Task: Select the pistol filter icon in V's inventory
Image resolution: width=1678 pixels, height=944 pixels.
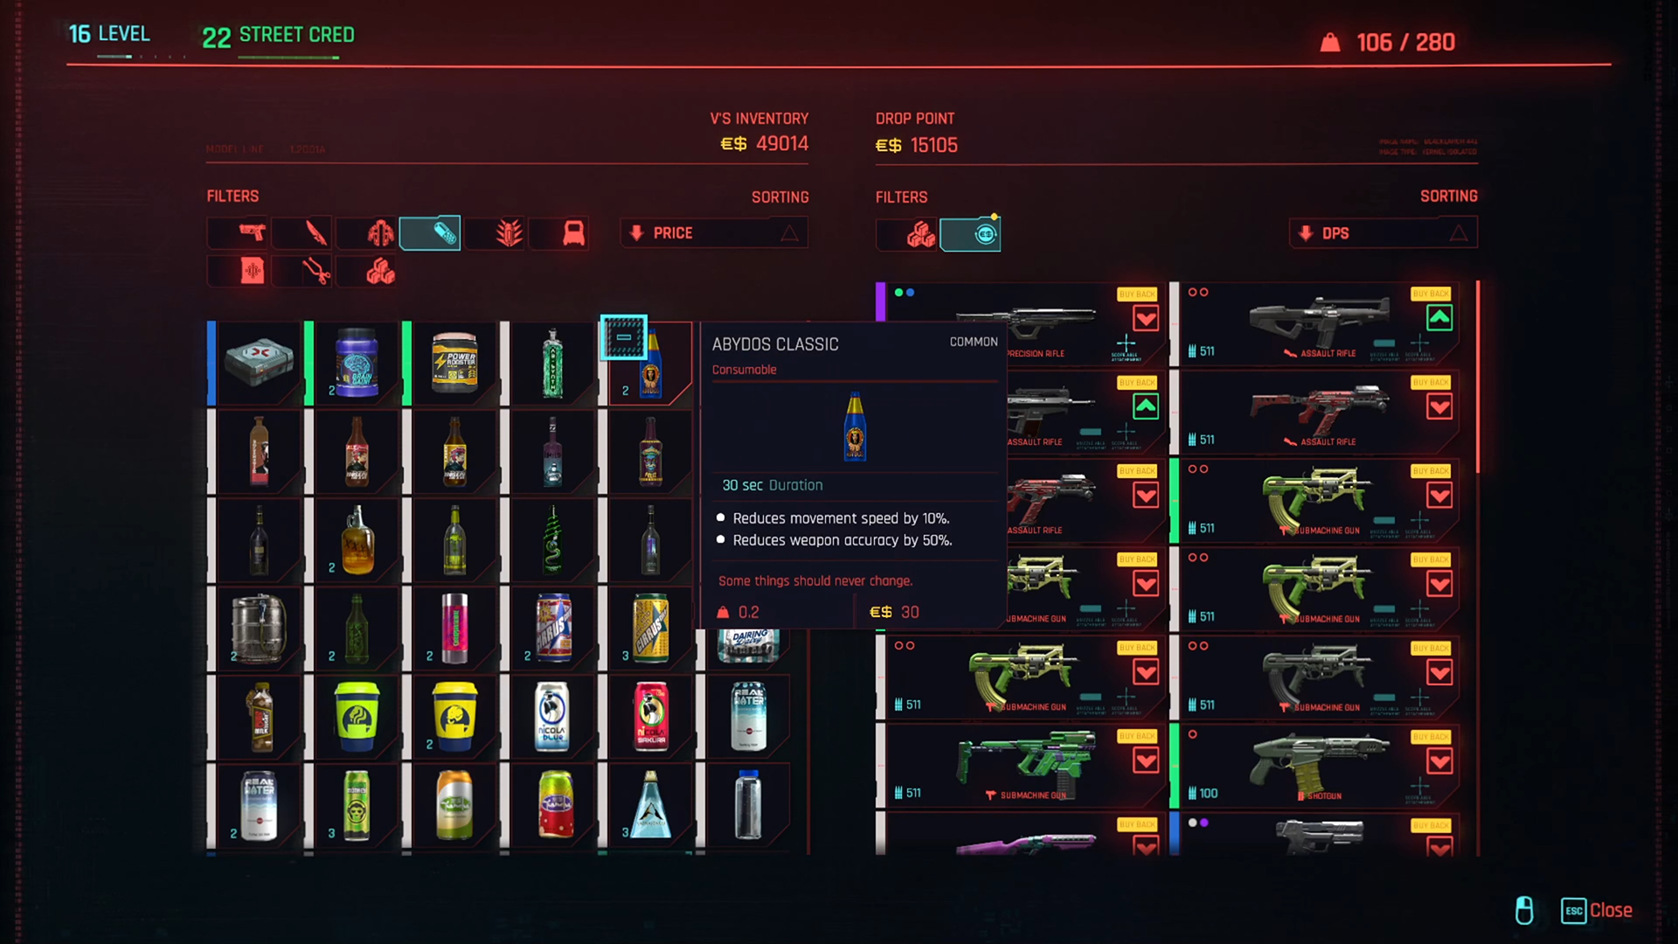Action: coord(252,233)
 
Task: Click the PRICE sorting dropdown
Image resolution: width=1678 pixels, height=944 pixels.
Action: coord(713,233)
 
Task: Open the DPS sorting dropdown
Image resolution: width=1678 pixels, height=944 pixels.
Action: coord(1383,233)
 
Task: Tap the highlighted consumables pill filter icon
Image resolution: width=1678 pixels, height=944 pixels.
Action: coord(430,233)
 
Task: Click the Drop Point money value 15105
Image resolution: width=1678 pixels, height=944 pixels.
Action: coord(933,145)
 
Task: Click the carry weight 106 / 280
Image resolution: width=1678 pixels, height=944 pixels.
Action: coord(1404,43)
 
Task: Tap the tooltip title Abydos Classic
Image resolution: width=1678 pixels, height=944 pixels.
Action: coord(774,344)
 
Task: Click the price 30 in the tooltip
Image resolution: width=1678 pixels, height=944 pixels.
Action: coord(909,612)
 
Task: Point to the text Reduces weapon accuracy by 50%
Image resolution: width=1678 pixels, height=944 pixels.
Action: coord(842,540)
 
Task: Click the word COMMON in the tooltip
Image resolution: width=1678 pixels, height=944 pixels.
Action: coord(973,342)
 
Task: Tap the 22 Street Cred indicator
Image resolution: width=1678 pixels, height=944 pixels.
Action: coord(278,36)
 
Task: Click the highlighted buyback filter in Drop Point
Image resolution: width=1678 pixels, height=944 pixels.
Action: coord(970,234)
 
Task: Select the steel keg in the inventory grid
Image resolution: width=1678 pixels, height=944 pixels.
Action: coord(258,628)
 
